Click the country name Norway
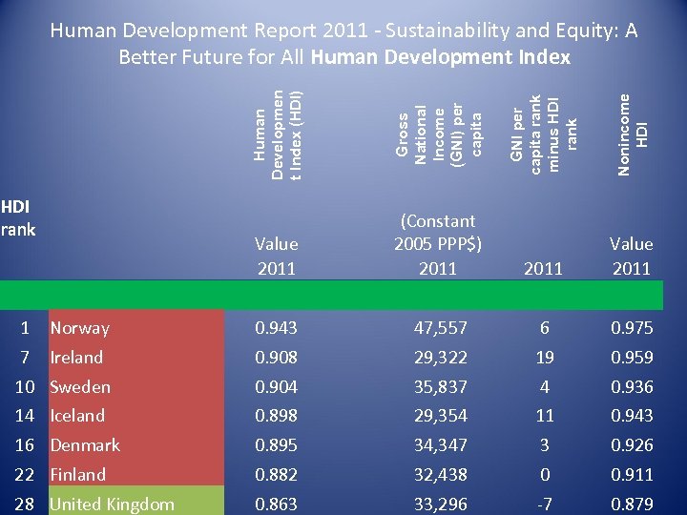pos(79,328)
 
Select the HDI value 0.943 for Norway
pos(276,328)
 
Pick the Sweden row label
pos(80,387)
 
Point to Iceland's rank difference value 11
pos(544,416)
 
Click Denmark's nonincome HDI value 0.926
pos(632,445)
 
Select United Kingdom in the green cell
pos(112,505)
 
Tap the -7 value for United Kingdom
pos(544,505)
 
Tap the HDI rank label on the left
pos(17,217)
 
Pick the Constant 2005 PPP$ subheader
pos(438,232)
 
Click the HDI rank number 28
pos(26,505)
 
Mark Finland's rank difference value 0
pos(544,475)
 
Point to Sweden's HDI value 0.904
pos(276,387)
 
